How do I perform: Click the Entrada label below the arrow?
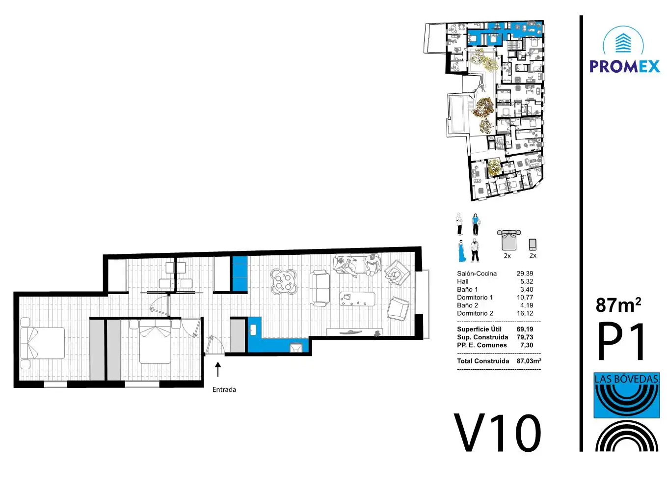pyautogui.click(x=224, y=389)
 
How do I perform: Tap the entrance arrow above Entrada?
pyautogui.click(x=218, y=369)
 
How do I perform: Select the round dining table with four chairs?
pyautogui.click(x=283, y=281)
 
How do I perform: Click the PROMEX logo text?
pyautogui.click(x=625, y=66)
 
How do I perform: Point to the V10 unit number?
pyautogui.click(x=497, y=433)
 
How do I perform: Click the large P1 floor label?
pyautogui.click(x=621, y=341)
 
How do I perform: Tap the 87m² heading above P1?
pyautogui.click(x=618, y=305)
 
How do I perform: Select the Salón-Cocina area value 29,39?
pyautogui.click(x=525, y=274)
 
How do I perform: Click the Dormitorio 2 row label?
pyautogui.click(x=475, y=313)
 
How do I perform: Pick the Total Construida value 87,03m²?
pyautogui.click(x=529, y=361)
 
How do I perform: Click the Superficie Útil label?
pyautogui.click(x=479, y=329)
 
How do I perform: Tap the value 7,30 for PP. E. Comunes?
pyautogui.click(x=527, y=345)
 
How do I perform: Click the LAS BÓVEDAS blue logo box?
pyautogui.click(x=627, y=395)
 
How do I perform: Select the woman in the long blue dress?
pyautogui.click(x=462, y=251)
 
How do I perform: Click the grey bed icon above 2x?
pyautogui.click(x=508, y=240)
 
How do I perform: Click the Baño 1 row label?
pyautogui.click(x=467, y=290)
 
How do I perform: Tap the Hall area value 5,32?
pyautogui.click(x=527, y=282)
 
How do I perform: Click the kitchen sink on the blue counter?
pyautogui.click(x=253, y=329)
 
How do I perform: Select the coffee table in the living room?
pyautogui.click(x=357, y=299)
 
